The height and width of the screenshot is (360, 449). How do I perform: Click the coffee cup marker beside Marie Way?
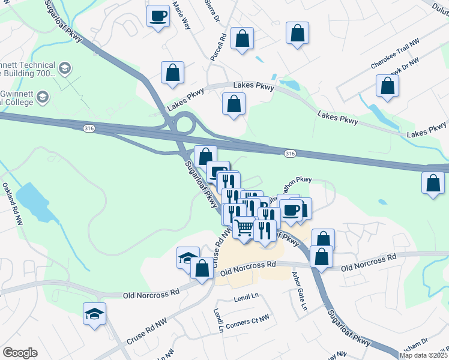coord(158,16)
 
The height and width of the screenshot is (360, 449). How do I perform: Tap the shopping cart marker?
coord(244,229)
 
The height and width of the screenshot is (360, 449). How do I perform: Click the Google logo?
coord(20,353)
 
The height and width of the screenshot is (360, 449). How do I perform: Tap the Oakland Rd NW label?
coord(12,205)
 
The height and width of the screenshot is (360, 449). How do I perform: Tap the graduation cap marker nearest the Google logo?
coord(95,314)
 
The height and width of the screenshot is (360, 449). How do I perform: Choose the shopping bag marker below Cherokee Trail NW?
coord(387,85)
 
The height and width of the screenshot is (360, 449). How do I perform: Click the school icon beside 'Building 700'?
coord(65,70)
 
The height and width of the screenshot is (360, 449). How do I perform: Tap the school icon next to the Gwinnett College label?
coord(43,96)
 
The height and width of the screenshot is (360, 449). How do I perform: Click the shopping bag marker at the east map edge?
coord(433,183)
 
